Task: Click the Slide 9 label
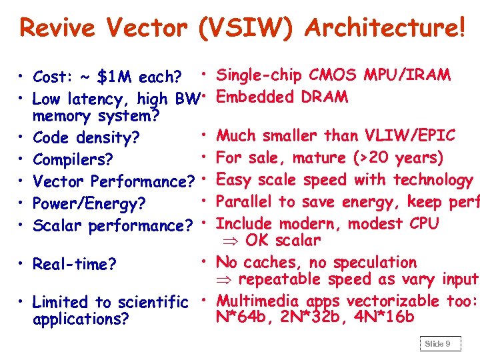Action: (x=437, y=343)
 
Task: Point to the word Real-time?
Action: (x=72, y=265)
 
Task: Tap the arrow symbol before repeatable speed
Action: (x=225, y=279)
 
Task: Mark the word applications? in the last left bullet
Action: (x=81, y=319)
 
